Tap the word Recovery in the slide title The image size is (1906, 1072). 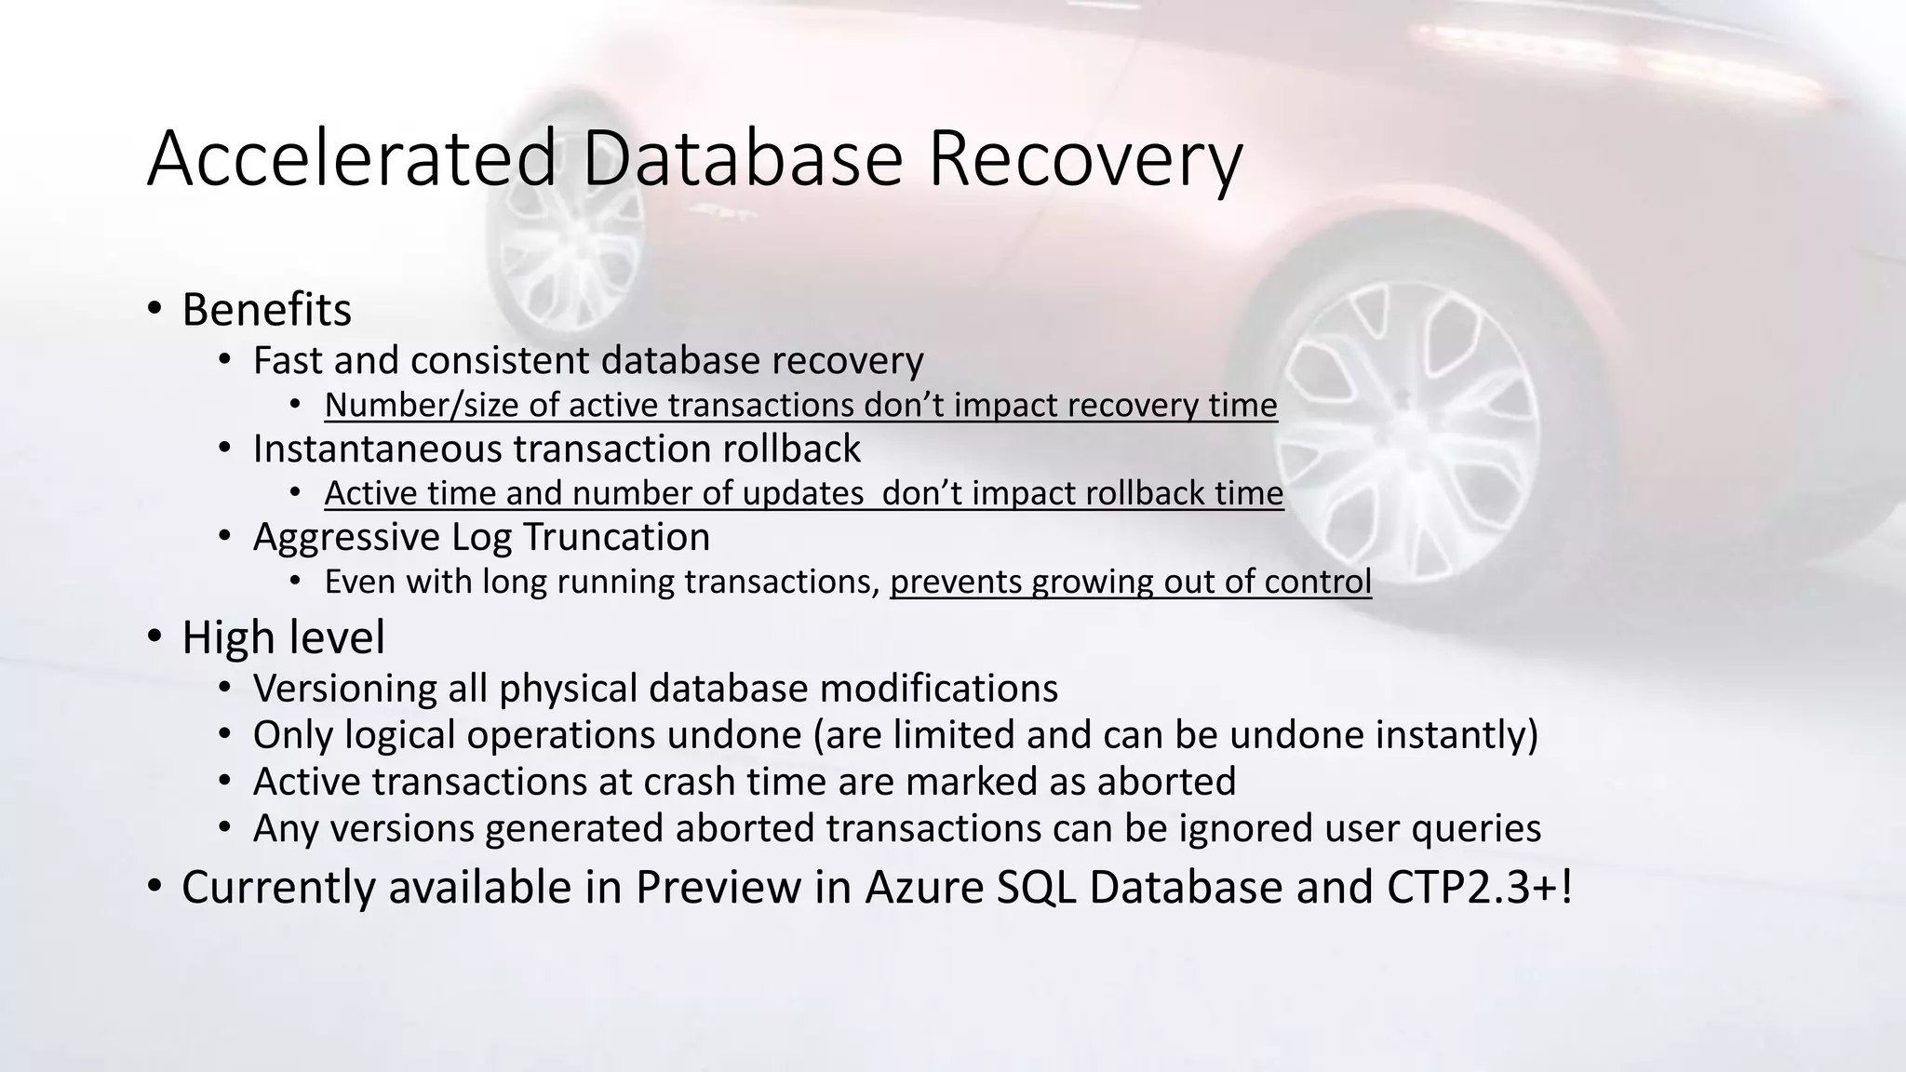click(x=1084, y=160)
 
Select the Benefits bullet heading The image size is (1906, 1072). click(x=266, y=310)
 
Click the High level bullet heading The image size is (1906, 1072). click(x=283, y=638)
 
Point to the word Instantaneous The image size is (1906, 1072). click(x=376, y=449)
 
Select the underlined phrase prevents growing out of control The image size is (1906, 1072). click(x=1130, y=583)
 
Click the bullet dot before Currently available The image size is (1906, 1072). click(x=155, y=887)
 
